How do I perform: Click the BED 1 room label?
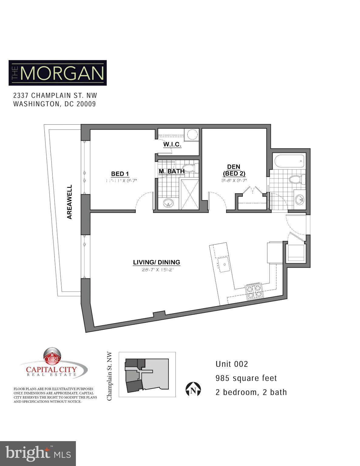120,174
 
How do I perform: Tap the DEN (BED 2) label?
234,170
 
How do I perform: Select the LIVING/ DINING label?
156,262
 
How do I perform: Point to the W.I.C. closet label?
172,144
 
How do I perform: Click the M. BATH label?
172,171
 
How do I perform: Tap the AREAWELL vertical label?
70,202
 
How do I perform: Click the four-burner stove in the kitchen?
254,292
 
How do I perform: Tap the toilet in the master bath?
191,168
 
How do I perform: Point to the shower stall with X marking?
190,194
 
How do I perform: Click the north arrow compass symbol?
193,390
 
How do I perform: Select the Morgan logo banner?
58,73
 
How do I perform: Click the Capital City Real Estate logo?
53,364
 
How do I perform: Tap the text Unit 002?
232,364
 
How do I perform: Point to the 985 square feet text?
246,378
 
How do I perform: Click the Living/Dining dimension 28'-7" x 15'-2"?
156,269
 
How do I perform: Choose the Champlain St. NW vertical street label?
110,376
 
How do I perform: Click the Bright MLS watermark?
38,453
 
